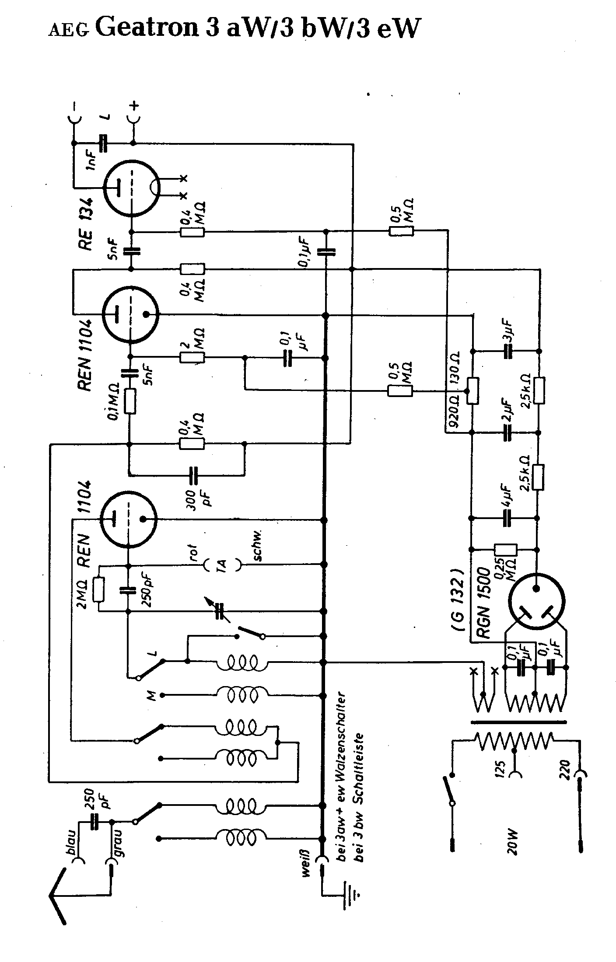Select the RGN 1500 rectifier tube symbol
(x=536, y=600)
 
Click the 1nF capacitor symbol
(x=104, y=143)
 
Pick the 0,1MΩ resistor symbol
(x=129, y=402)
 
